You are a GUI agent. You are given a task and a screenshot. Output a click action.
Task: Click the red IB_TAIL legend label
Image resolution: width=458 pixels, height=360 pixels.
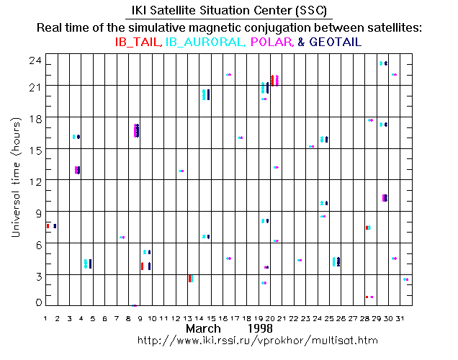click(138, 42)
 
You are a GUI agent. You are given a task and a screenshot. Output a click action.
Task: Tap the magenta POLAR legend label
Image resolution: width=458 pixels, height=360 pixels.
click(272, 42)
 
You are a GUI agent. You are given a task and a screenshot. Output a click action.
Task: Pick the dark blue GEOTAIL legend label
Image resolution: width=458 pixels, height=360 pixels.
click(336, 42)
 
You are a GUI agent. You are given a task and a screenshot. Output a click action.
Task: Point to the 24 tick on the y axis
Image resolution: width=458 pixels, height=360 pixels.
click(35, 61)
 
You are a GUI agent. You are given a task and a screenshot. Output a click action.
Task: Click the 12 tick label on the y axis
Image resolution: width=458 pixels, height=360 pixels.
click(35, 182)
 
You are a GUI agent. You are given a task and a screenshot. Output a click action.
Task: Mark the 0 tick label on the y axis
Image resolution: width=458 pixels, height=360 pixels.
click(39, 302)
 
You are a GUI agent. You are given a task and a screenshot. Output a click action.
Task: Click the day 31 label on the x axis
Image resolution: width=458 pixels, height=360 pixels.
click(400, 318)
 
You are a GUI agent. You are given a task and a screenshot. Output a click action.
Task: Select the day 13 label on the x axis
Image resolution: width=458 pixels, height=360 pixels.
click(187, 318)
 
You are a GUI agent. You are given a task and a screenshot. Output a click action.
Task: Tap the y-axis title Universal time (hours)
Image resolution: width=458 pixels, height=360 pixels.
click(16, 177)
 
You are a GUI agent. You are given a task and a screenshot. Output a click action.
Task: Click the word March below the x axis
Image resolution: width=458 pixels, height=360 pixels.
click(203, 328)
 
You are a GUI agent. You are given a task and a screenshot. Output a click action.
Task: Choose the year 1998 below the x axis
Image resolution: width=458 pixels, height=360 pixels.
click(260, 328)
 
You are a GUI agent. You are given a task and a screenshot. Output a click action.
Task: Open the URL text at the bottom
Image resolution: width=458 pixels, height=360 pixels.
click(258, 341)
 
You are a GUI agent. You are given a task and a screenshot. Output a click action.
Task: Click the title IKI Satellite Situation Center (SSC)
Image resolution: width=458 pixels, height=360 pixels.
click(229, 11)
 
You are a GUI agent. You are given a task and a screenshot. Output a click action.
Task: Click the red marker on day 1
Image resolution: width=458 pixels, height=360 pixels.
click(48, 226)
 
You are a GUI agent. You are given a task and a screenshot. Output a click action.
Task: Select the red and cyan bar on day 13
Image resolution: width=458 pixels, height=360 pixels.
click(191, 279)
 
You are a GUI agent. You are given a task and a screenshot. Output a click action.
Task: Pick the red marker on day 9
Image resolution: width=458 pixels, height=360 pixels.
click(143, 266)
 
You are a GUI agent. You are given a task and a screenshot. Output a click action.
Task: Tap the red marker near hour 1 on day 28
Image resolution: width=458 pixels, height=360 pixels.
click(367, 297)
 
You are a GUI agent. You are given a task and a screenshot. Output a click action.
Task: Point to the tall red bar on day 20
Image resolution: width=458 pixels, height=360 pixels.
click(272, 81)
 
